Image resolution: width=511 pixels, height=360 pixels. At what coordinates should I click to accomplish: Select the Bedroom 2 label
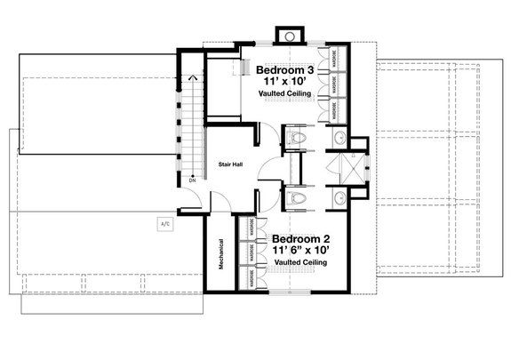click(301, 238)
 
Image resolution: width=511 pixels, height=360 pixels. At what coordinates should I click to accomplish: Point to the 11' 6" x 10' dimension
click(301, 251)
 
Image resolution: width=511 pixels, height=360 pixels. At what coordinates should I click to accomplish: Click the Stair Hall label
click(231, 164)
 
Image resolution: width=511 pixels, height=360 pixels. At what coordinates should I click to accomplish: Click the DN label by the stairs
click(192, 180)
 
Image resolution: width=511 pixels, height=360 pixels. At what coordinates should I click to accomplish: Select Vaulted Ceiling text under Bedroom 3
click(283, 94)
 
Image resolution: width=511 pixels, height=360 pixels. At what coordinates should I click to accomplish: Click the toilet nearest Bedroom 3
click(298, 139)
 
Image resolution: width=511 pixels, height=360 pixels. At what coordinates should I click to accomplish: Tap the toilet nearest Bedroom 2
click(298, 197)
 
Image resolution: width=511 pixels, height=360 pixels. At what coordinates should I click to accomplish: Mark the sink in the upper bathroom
click(339, 139)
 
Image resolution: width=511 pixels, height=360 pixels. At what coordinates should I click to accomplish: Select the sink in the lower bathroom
click(339, 197)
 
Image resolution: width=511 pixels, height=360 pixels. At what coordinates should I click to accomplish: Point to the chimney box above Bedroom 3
click(289, 36)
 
